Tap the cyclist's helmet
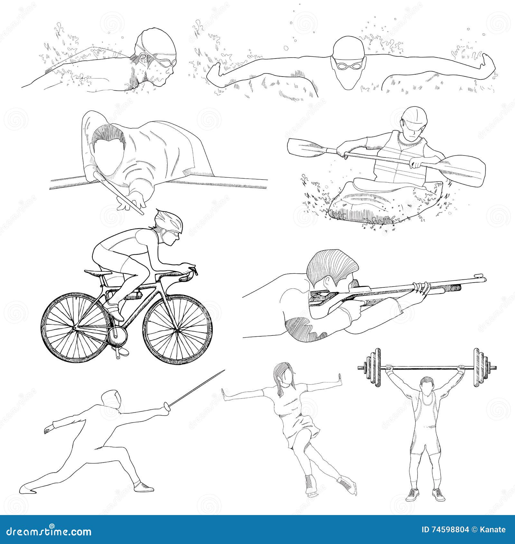point(168,221)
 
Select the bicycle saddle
point(96,273)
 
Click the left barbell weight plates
point(373,367)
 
